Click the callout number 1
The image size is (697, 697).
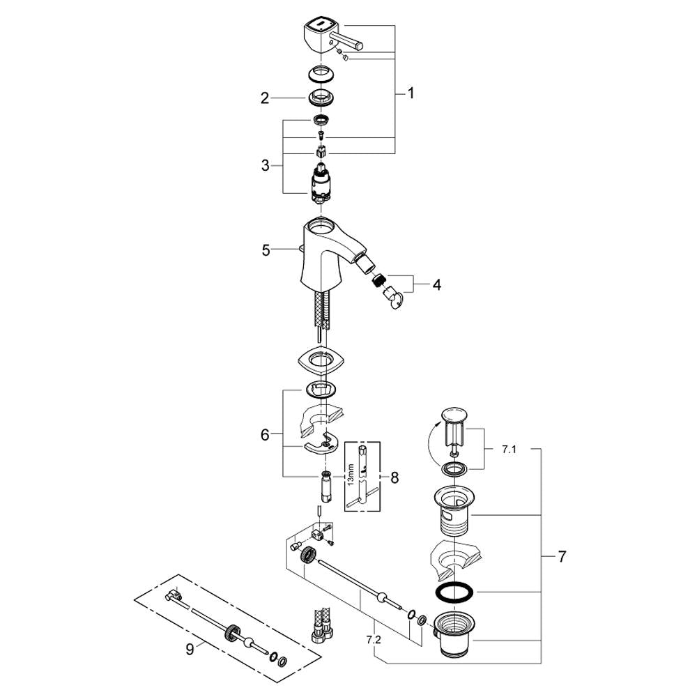(x=411, y=93)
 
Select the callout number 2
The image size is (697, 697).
(x=265, y=98)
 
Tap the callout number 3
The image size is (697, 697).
(x=265, y=166)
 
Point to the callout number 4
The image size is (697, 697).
(x=437, y=284)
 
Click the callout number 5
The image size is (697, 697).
(x=266, y=250)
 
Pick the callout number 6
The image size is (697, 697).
(x=265, y=434)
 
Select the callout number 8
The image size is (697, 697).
(x=395, y=478)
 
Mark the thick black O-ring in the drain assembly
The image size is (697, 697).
(x=455, y=593)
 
